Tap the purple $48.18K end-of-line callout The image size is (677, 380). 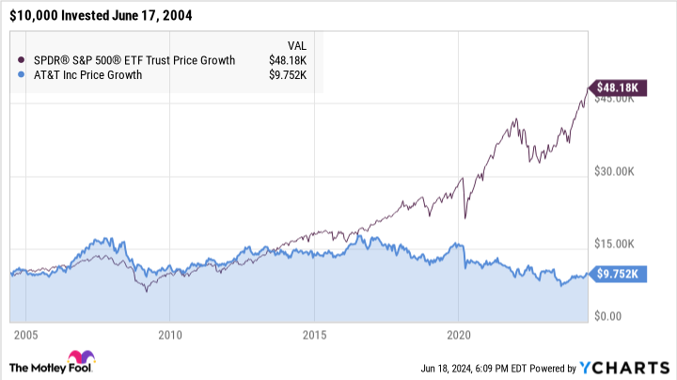[616, 87]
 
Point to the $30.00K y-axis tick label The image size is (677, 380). [616, 171]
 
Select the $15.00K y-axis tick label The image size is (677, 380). [616, 244]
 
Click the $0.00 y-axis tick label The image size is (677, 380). [609, 316]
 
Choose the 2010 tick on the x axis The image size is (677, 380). [169, 335]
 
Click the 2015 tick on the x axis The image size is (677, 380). [314, 335]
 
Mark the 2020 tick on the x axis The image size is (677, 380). [458, 335]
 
